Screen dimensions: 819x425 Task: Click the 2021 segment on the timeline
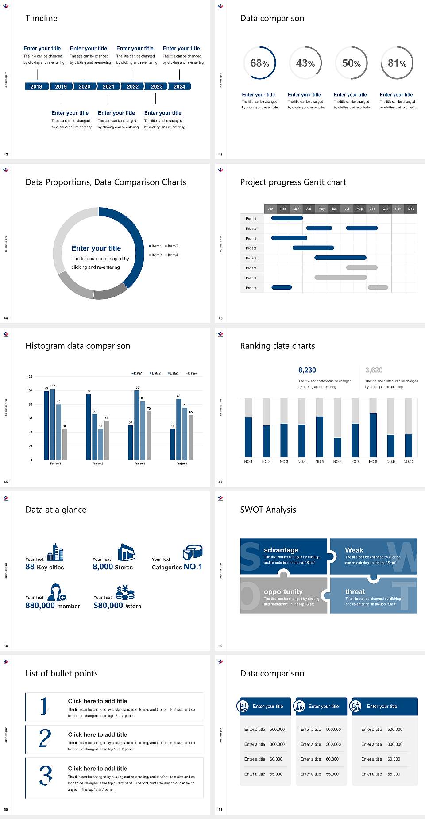108,86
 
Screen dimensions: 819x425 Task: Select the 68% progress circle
259,63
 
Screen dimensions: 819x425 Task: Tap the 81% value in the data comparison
397,63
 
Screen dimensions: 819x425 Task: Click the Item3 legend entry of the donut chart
155,255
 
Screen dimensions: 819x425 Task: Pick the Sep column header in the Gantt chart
372,209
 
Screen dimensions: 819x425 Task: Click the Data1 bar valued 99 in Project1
46,425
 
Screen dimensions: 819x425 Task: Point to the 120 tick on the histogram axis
30,376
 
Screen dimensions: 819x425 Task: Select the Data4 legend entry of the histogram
191,373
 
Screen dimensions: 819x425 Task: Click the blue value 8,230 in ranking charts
307,370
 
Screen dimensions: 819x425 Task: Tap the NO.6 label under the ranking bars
337,461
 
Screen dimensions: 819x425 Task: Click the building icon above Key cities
55,552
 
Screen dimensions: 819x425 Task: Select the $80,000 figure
108,606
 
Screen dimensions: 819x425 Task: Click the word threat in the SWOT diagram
355,591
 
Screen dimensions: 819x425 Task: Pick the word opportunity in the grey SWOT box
283,591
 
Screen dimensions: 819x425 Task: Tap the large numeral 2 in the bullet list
45,738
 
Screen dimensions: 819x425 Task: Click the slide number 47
220,482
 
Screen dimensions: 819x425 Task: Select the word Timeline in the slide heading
41,18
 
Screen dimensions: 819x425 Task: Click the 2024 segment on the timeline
179,86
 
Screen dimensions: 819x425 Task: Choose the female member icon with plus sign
57,592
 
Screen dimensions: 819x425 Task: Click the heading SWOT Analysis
268,510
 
